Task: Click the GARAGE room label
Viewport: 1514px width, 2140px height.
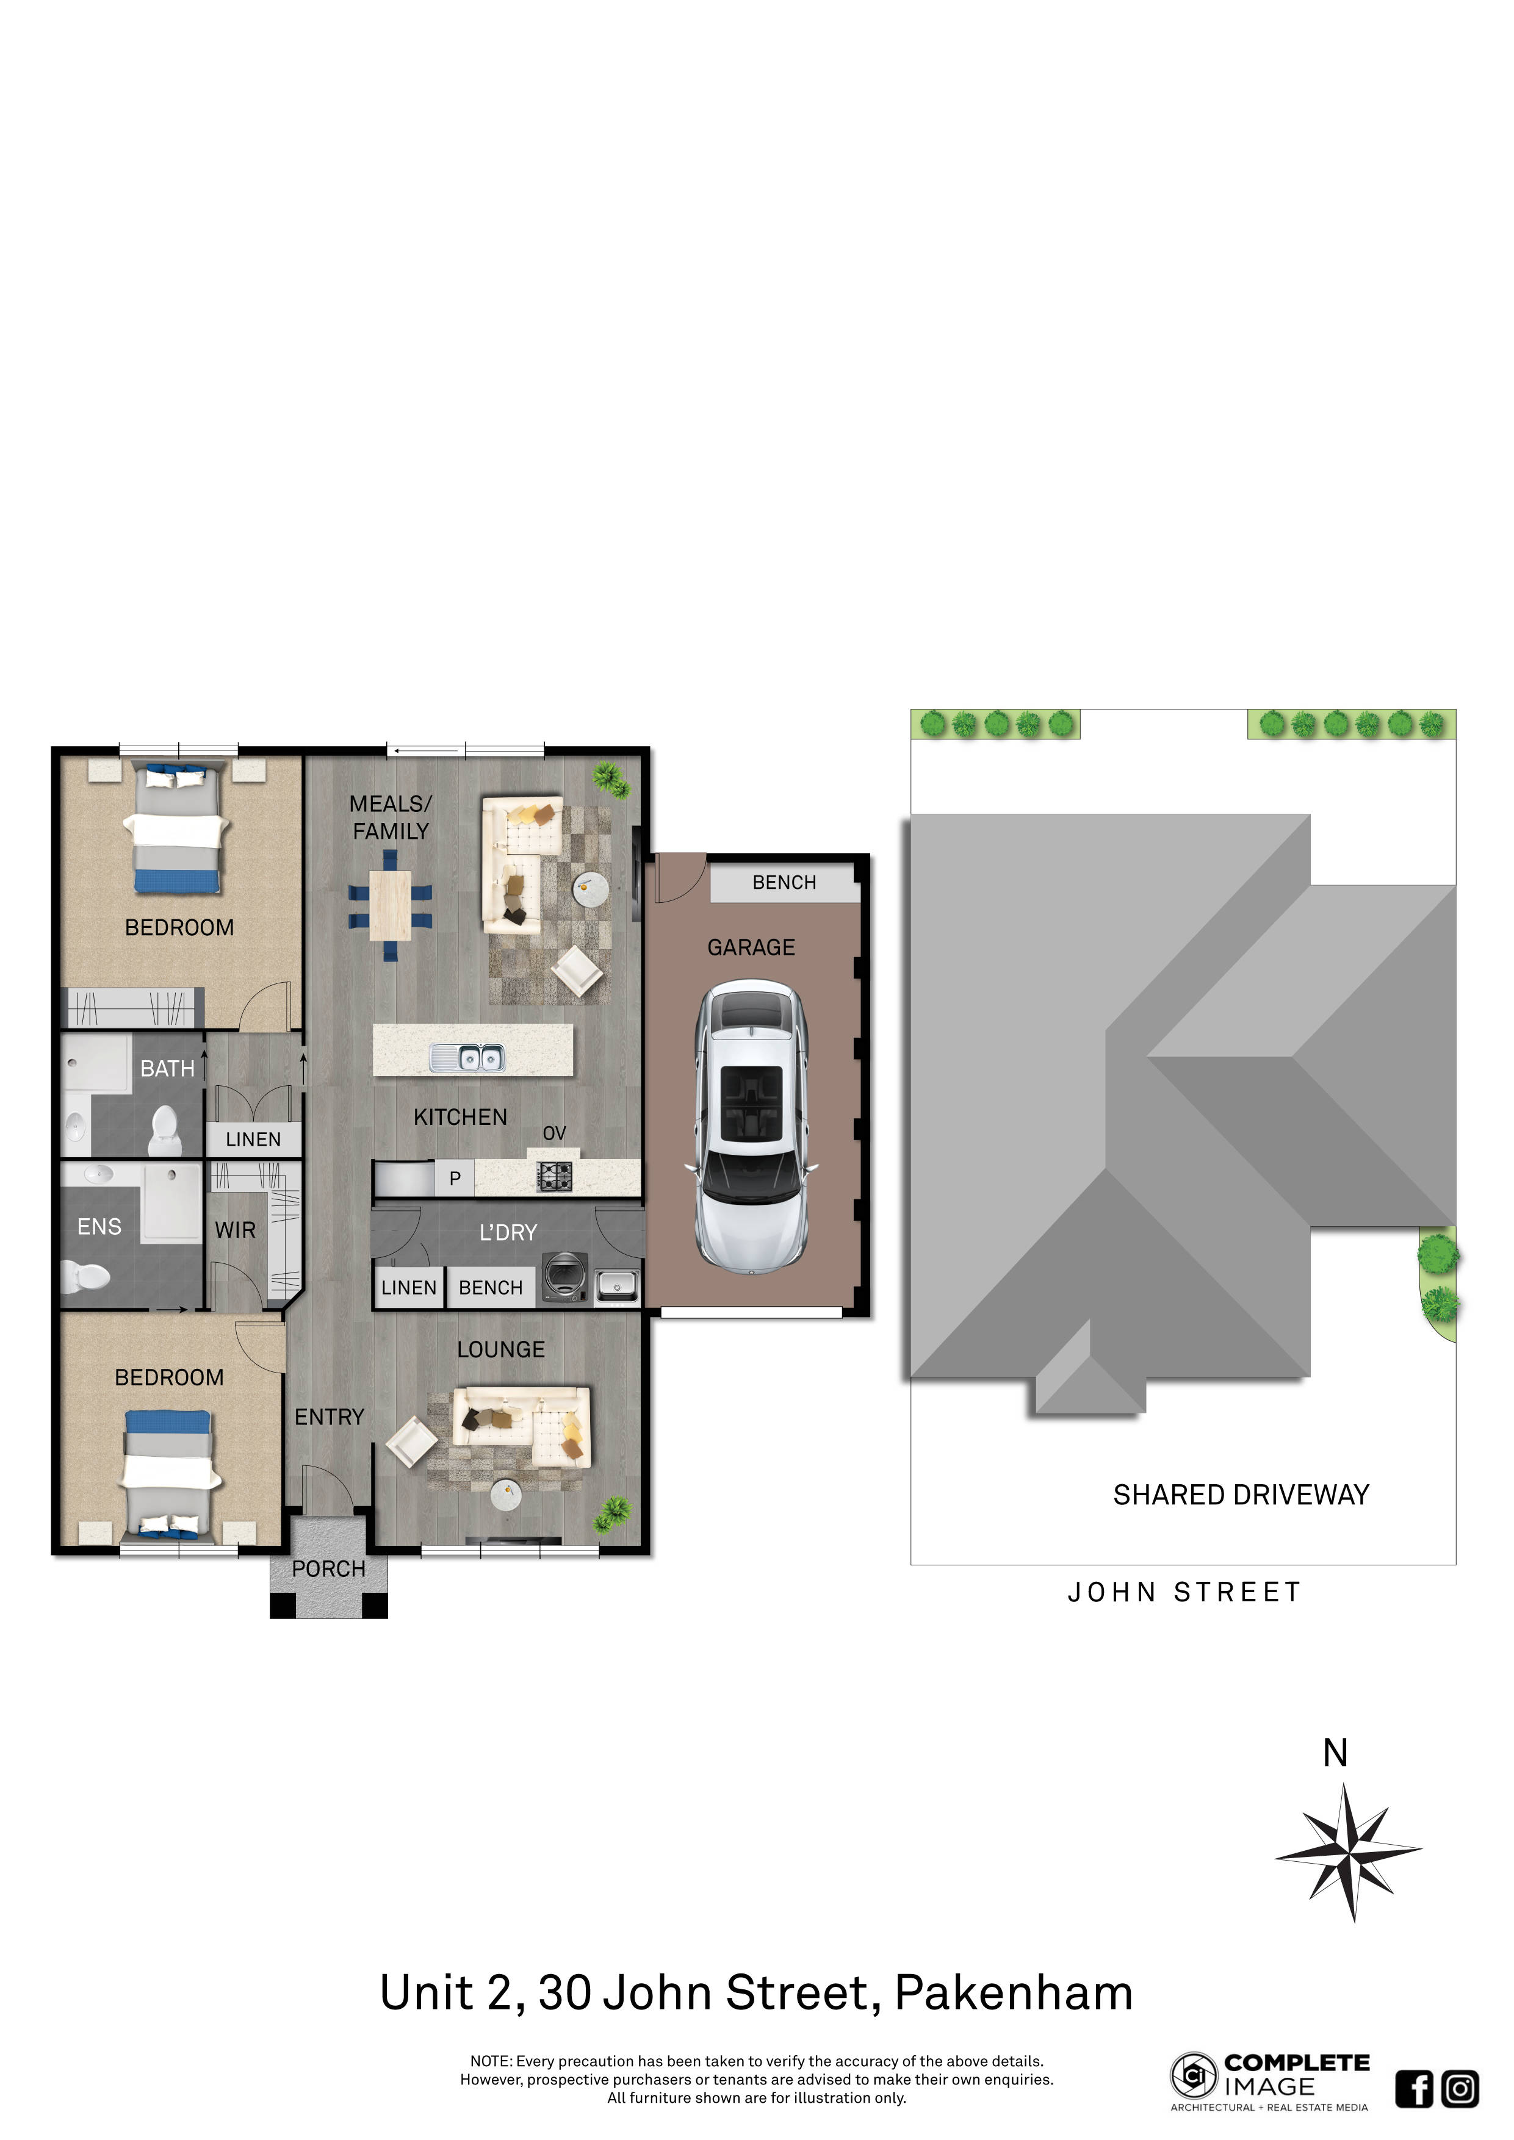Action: tap(751, 948)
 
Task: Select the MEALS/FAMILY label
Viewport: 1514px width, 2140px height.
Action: tap(391, 817)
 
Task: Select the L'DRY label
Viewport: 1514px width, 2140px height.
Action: tap(508, 1232)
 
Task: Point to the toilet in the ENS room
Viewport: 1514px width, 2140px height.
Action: tap(86, 1275)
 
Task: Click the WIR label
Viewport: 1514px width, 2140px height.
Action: tap(235, 1230)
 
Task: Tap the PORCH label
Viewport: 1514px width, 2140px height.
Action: tap(328, 1568)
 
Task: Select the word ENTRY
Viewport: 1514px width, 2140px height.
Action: tap(329, 1416)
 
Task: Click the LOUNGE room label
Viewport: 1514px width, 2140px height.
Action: tap(500, 1349)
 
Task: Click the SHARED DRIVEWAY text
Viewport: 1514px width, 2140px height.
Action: tap(1241, 1495)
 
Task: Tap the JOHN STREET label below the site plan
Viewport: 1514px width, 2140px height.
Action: tap(1184, 1592)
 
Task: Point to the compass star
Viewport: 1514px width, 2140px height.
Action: tap(1349, 1853)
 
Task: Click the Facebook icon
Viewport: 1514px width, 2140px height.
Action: tap(1415, 2089)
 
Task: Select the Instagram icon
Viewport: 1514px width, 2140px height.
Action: tap(1460, 2089)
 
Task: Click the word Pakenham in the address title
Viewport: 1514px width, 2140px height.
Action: tap(1014, 1994)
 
